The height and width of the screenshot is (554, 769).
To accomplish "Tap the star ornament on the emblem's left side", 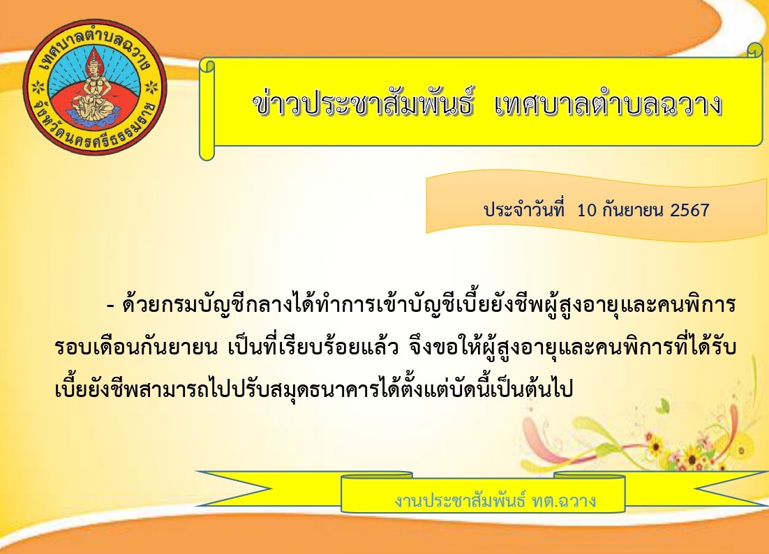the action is pyautogui.click(x=37, y=89).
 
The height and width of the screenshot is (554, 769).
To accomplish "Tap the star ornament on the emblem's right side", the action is pyautogui.click(x=153, y=87).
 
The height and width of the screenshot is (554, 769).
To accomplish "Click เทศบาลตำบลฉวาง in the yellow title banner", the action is pyautogui.click(x=609, y=105).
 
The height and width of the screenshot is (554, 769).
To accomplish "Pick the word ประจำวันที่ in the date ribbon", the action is pyautogui.click(x=524, y=210).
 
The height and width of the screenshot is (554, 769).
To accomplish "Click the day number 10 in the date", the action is pyautogui.click(x=587, y=210).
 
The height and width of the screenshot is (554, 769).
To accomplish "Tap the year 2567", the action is pyautogui.click(x=689, y=210).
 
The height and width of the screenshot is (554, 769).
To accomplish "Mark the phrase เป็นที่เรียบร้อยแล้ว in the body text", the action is pyautogui.click(x=313, y=347).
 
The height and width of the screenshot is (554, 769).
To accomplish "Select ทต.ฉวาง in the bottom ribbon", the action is pyautogui.click(x=564, y=500).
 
